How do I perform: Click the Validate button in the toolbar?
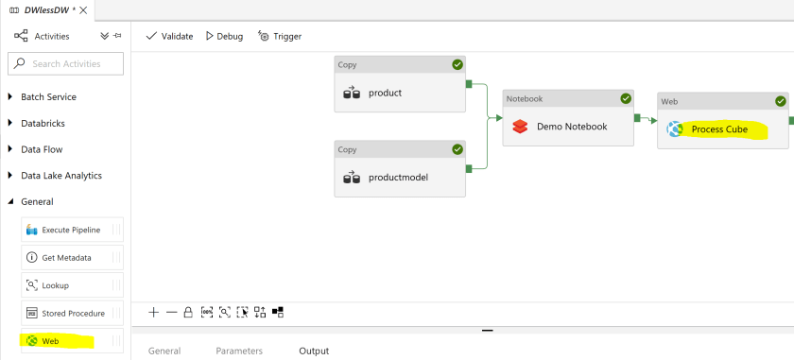click(x=170, y=36)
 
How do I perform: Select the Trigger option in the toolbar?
click(x=280, y=36)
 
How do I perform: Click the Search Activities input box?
click(x=65, y=64)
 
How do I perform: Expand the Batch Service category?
click(x=48, y=96)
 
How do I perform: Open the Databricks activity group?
click(x=43, y=123)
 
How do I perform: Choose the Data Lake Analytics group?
click(x=60, y=175)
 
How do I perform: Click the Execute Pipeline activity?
click(x=71, y=230)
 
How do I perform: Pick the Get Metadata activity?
click(x=66, y=257)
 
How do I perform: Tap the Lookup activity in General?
click(x=55, y=284)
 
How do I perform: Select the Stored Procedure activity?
click(x=73, y=312)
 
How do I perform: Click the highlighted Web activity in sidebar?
click(x=50, y=339)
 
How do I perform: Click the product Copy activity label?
click(x=385, y=93)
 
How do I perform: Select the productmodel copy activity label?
click(x=398, y=177)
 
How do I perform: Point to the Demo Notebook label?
click(x=572, y=126)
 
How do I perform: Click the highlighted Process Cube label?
click(x=719, y=129)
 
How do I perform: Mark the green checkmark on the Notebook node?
click(x=625, y=98)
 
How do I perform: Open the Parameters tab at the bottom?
click(x=239, y=351)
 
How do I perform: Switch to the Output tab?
click(x=314, y=351)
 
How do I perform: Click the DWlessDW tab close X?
click(x=83, y=9)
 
